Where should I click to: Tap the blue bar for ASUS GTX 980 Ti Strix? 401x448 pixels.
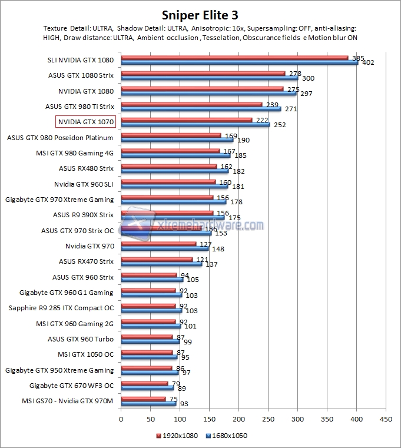(200, 109)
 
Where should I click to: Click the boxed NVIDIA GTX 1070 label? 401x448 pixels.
(85, 122)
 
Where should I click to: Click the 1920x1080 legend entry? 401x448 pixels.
(178, 436)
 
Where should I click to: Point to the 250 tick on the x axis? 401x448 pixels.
(268, 419)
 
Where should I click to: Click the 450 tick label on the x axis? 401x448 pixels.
(386, 419)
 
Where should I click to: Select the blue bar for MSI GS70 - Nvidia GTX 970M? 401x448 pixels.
(148, 404)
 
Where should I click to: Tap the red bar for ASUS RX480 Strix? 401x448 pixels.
(168, 166)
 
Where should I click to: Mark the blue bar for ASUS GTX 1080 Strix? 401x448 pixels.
(209, 78)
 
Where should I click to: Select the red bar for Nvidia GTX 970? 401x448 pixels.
(158, 244)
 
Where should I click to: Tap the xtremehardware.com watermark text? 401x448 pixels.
(212, 224)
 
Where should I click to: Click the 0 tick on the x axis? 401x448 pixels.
(121, 419)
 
